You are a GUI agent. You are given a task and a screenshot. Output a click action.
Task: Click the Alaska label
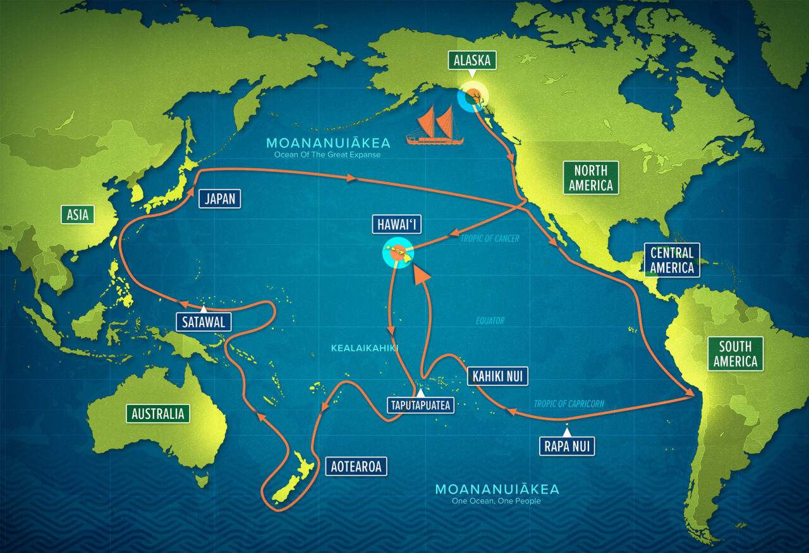pyautogui.click(x=471, y=61)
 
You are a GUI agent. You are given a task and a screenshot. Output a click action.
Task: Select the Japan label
pyautogui.click(x=220, y=199)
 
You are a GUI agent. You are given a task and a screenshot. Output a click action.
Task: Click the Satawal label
pyautogui.click(x=204, y=322)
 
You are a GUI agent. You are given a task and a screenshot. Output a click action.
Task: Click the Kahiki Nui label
pyautogui.click(x=497, y=377)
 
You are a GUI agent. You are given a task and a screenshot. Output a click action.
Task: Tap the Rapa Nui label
pyautogui.click(x=567, y=446)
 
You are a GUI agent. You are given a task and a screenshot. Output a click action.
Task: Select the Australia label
pyautogui.click(x=158, y=414)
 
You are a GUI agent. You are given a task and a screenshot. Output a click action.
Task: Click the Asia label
pyautogui.click(x=78, y=215)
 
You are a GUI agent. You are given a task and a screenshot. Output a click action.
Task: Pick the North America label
pyautogui.click(x=590, y=178)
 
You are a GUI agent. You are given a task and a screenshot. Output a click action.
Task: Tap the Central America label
pyautogui.click(x=672, y=260)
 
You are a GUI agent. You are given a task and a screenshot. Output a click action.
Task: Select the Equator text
pyautogui.click(x=490, y=321)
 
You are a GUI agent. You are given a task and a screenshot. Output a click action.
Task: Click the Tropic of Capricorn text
pyautogui.click(x=569, y=404)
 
